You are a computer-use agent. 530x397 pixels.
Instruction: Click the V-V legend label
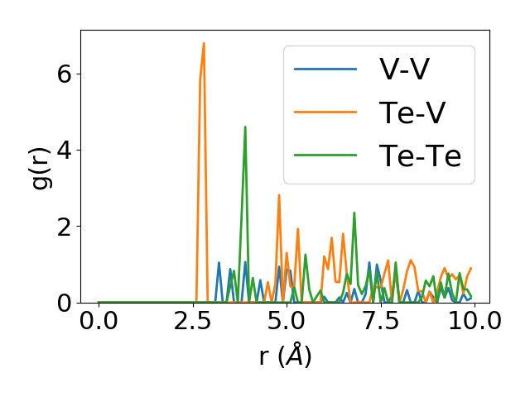point(404,69)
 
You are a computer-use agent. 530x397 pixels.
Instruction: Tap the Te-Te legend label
point(420,155)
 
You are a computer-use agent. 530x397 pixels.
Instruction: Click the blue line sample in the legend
point(325,69)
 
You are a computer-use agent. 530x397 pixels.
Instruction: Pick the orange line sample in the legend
point(325,112)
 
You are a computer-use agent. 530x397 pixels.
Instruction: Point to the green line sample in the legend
point(325,155)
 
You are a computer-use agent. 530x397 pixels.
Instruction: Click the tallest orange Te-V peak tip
point(204,43)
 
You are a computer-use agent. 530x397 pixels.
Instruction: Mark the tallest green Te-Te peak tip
point(245,127)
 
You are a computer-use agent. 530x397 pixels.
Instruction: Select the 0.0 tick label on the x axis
point(99,321)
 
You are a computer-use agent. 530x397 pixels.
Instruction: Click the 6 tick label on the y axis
point(65,74)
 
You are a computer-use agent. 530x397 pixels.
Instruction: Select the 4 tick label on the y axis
point(65,150)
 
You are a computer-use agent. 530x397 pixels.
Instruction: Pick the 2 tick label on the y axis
point(65,226)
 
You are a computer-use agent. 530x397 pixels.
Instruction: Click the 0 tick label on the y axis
point(65,303)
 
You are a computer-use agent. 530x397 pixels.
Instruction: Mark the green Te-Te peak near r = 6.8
point(354,213)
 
